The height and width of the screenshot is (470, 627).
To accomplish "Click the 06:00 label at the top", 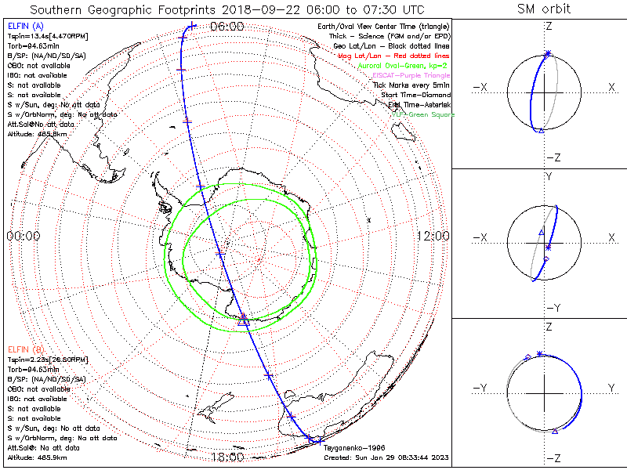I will tap(227, 27).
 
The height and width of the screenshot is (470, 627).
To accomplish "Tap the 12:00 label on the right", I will tap(433, 236).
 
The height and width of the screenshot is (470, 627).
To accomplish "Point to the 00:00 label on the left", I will tap(24, 236).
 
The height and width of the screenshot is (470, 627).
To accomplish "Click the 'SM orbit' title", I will tap(544, 9).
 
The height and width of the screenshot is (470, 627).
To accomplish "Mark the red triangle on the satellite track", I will tap(243, 317).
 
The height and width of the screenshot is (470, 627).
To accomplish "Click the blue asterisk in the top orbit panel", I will tap(548, 53).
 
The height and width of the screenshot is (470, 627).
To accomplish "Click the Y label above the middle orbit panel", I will tap(548, 177).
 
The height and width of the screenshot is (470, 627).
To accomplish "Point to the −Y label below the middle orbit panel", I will tap(553, 308).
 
